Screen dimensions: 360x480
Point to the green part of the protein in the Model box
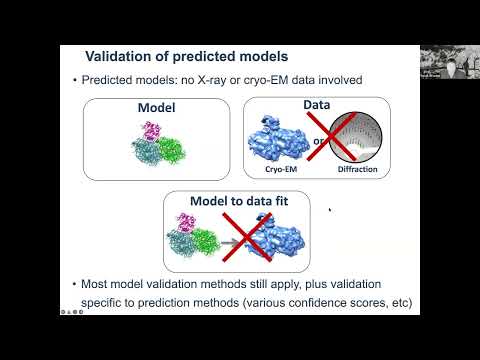(x=169, y=146)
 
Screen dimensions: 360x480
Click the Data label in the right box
(x=316, y=104)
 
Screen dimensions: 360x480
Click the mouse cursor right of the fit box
(x=330, y=210)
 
